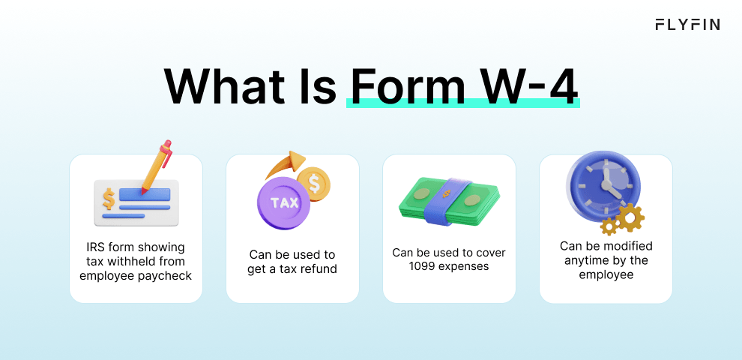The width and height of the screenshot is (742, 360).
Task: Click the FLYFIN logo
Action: tap(687, 25)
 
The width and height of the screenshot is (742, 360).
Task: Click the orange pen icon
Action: tap(157, 166)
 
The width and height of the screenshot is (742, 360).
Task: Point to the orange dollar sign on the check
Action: tap(109, 199)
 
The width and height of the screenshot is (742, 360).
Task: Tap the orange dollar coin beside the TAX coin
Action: tap(314, 184)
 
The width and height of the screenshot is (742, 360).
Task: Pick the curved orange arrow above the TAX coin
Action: tap(284, 165)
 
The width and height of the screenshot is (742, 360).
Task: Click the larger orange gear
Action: tap(630, 218)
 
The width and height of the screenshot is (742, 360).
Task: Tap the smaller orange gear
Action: tap(609, 227)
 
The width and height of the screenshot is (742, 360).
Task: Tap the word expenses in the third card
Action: tap(463, 267)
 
